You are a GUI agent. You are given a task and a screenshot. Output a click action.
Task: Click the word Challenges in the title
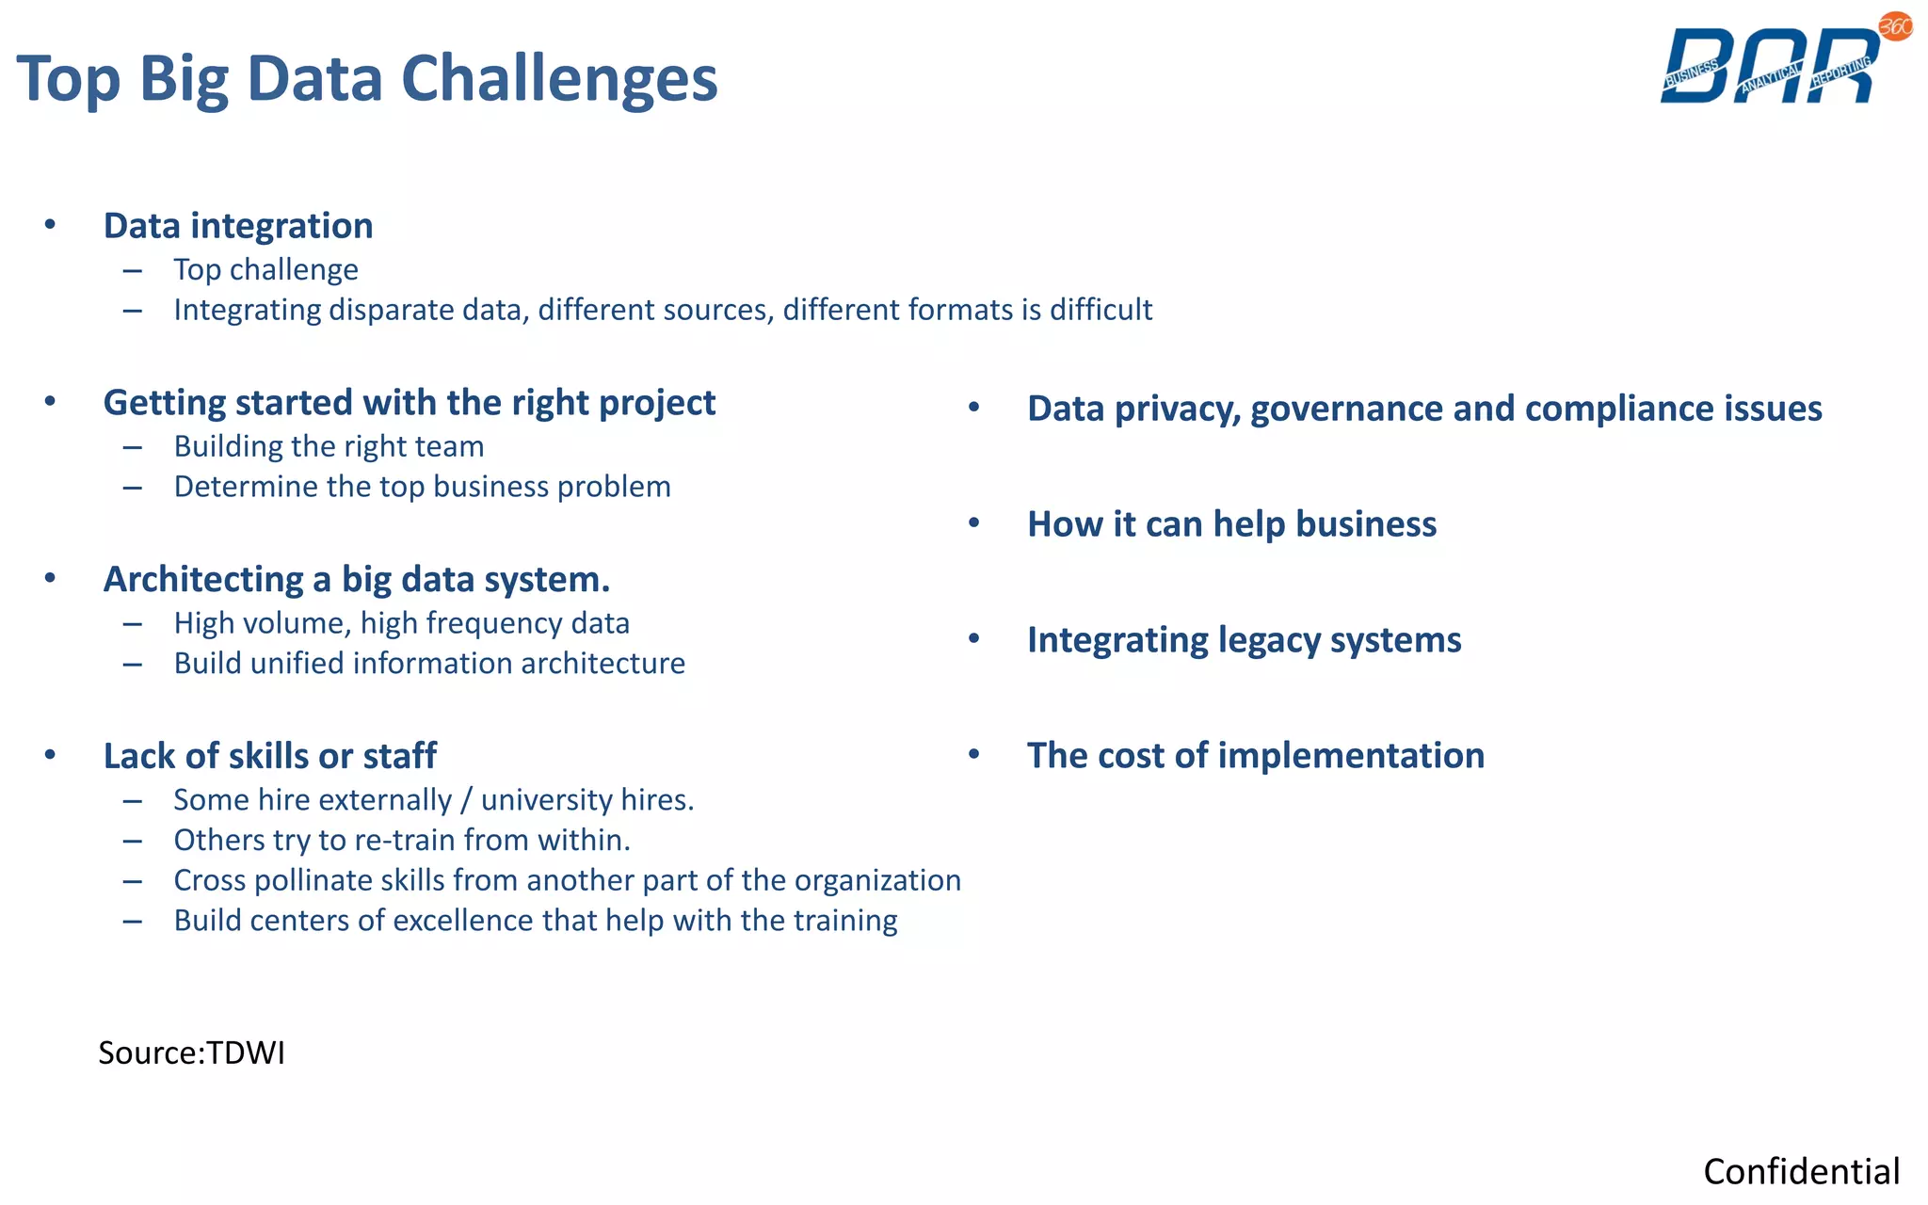click(559, 79)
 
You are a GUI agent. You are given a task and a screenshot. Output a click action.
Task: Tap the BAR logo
click(1770, 66)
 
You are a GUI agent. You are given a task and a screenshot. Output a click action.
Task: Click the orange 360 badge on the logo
click(1895, 26)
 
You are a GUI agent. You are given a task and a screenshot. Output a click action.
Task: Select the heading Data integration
click(238, 226)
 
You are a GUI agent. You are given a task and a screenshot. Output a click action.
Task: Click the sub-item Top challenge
click(265, 270)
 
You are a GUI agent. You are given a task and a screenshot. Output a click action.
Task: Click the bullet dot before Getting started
click(50, 402)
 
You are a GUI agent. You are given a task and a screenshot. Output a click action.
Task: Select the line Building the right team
click(329, 446)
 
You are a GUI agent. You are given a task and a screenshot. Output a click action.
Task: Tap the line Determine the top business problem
click(422, 487)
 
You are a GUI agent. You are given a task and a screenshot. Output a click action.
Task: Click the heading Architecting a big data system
click(357, 579)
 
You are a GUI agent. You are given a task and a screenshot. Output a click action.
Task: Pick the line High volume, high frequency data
click(401, 623)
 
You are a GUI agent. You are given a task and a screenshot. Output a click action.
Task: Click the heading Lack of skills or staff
click(270, 756)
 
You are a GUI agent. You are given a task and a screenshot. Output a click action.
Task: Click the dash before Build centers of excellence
click(133, 922)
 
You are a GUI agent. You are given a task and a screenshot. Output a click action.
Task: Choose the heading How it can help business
click(1231, 524)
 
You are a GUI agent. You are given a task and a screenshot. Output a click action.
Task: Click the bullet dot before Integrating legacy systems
click(974, 639)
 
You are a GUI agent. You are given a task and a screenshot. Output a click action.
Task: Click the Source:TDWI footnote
click(192, 1052)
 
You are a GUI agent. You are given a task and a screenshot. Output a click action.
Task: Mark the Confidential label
click(1801, 1172)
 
